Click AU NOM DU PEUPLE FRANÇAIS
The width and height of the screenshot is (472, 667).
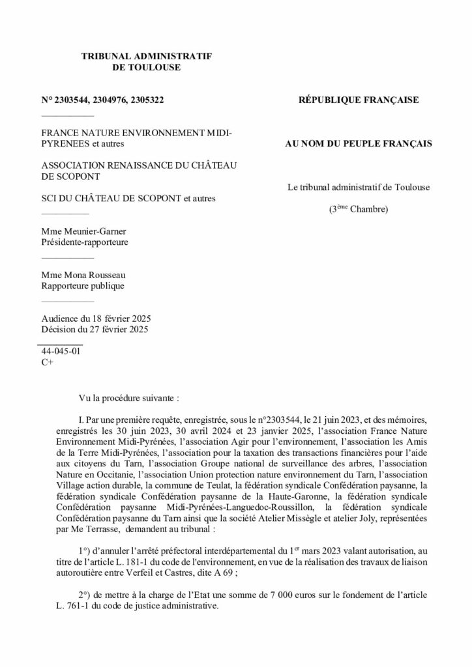click(358, 143)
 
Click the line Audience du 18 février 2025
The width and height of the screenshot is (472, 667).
click(96, 319)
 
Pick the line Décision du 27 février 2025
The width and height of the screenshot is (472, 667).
click(95, 329)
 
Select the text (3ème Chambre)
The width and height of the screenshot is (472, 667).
click(358, 209)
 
